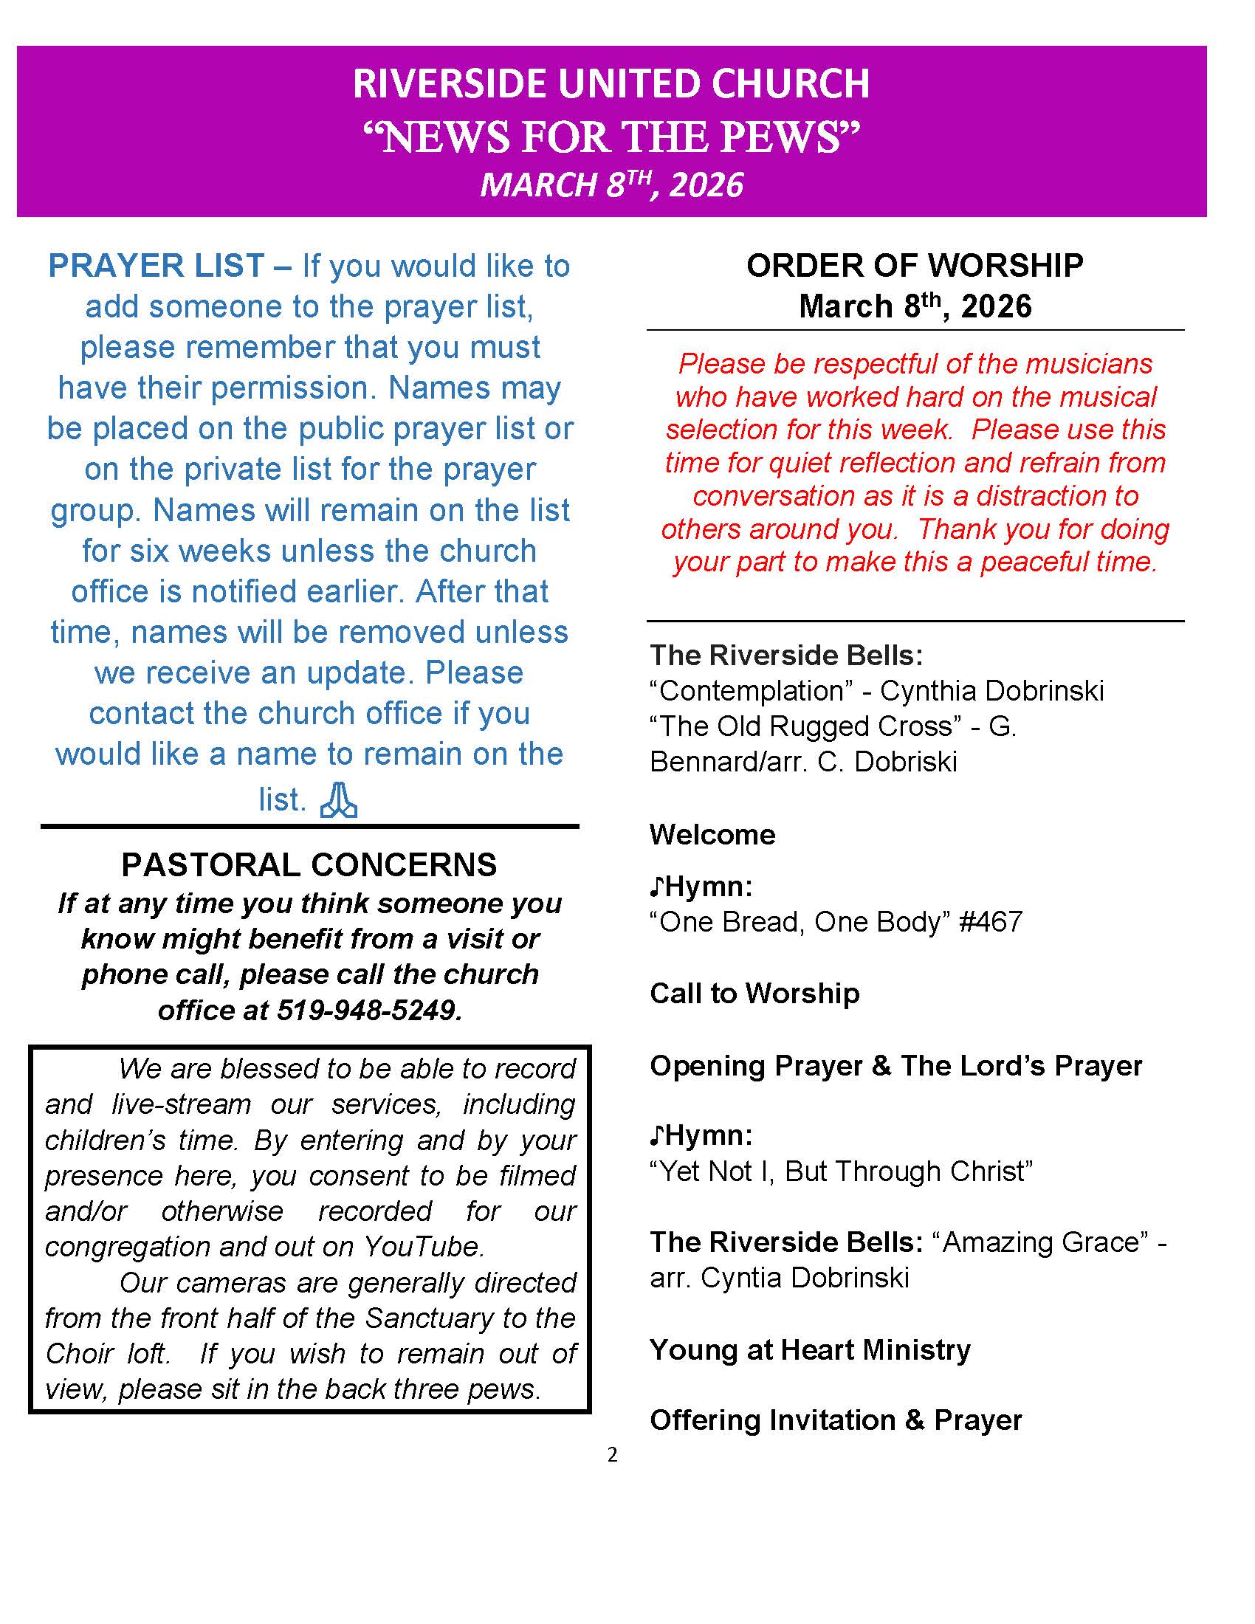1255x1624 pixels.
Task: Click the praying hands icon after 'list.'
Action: [x=338, y=800]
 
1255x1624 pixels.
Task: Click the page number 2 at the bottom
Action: [x=612, y=1454]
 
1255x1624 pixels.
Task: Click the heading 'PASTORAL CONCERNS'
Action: [x=309, y=865]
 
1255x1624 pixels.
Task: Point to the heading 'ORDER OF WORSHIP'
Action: [x=915, y=266]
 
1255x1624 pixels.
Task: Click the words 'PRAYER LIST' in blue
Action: [x=156, y=266]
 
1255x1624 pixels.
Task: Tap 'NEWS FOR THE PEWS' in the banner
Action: [x=611, y=137]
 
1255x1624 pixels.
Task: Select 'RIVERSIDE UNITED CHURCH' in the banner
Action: [x=611, y=83]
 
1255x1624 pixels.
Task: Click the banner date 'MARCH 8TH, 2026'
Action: [x=611, y=185]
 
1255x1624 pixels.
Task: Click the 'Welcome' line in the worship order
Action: [x=712, y=834]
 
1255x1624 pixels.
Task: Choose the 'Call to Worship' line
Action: [x=754, y=994]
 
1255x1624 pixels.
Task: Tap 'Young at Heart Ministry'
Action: [x=811, y=1349]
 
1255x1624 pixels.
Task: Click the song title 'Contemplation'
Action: [x=751, y=691]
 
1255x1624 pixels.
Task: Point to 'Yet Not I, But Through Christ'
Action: [x=841, y=1171]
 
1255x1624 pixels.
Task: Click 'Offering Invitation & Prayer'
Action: [x=836, y=1420]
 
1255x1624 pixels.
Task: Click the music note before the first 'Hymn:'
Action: [x=656, y=887]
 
